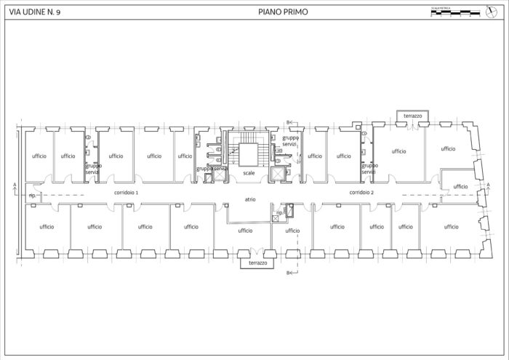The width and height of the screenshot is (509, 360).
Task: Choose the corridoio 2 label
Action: tap(361, 193)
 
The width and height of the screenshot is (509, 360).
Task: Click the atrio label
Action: tap(249, 199)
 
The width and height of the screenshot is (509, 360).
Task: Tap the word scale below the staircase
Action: tap(249, 172)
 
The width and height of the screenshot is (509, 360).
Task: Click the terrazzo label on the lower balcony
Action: tap(257, 263)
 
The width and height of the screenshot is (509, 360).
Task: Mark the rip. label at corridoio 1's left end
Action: tap(32, 196)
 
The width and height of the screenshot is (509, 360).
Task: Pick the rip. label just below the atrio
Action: tap(279, 213)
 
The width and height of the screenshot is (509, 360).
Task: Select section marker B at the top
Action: tap(289, 121)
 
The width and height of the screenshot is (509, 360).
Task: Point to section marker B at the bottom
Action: tap(289, 273)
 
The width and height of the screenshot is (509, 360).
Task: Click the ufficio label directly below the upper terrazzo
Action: tap(398, 151)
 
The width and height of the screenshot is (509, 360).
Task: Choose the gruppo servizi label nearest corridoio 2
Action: tap(369, 168)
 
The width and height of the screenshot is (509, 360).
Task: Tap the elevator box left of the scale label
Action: tap(218, 175)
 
